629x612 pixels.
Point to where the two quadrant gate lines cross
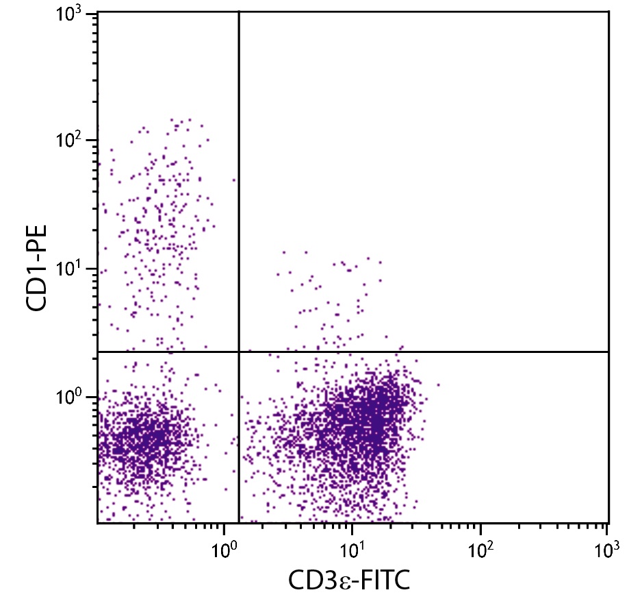click(x=238, y=352)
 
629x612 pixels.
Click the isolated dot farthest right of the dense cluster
click(x=438, y=384)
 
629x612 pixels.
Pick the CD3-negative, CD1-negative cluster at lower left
click(x=147, y=439)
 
